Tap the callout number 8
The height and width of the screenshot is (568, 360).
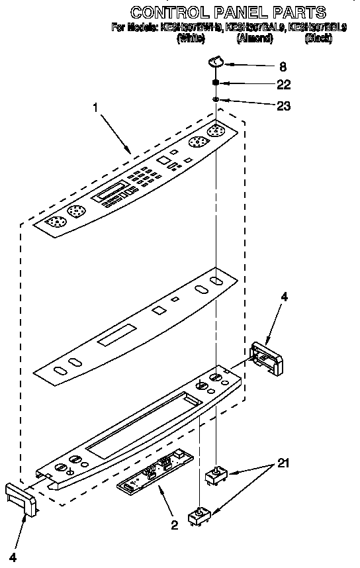pos(283,66)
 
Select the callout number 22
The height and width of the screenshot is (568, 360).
pos(283,85)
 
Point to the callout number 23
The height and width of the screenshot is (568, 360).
pos(283,105)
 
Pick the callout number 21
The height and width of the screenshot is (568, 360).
pos(283,463)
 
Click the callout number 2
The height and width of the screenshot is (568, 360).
pos(174,526)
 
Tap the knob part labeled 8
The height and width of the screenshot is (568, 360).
pos(216,62)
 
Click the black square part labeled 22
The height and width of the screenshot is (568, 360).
pos(216,83)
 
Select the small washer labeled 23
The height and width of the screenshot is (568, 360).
pos(216,99)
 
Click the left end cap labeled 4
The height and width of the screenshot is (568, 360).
pos(21,498)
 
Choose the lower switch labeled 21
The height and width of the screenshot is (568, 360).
pos(199,516)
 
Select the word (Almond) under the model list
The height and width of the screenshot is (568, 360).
pos(255,38)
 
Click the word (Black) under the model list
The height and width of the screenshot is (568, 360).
pos(318,38)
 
